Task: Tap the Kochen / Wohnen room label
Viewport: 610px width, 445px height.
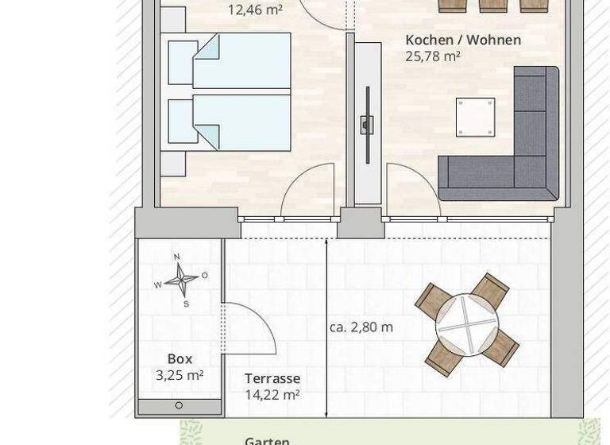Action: tap(462, 40)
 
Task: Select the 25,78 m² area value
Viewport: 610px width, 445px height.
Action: tap(434, 56)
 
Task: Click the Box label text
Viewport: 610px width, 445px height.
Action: tap(180, 359)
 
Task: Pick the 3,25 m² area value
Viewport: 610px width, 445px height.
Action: tap(180, 376)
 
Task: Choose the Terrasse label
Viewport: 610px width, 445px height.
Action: tap(272, 379)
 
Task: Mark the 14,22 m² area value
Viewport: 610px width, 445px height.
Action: tap(272, 394)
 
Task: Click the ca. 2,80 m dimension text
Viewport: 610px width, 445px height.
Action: tap(361, 327)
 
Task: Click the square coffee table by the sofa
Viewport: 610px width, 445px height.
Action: tap(475, 117)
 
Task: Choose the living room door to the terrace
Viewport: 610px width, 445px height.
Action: tap(413, 191)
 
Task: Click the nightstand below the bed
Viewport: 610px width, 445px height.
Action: tap(172, 163)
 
